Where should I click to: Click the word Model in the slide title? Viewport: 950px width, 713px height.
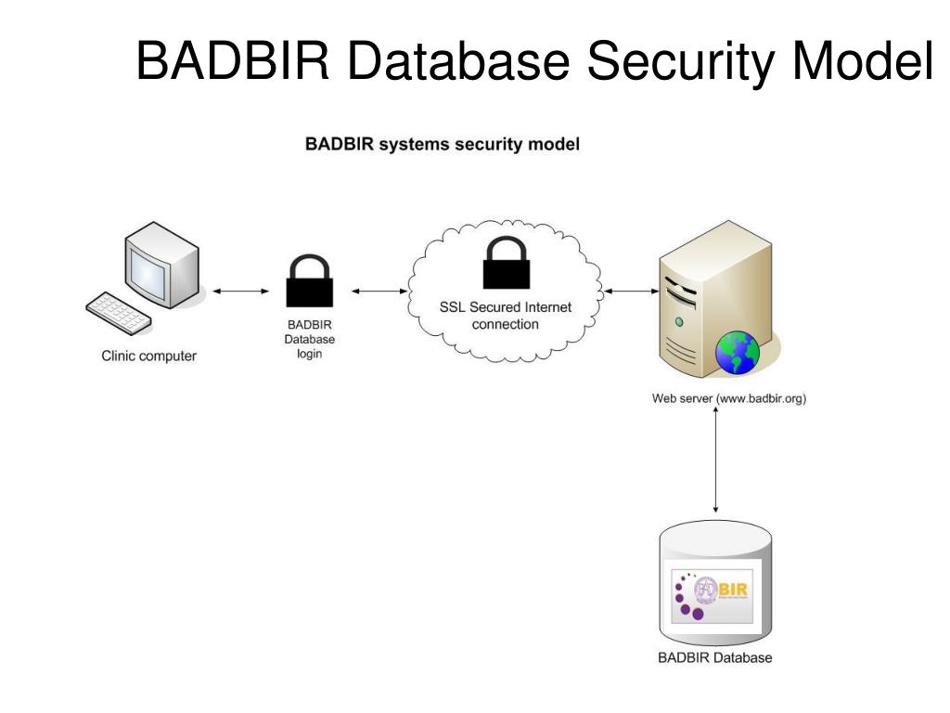(x=862, y=61)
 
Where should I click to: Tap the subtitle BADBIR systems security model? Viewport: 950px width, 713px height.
(x=443, y=145)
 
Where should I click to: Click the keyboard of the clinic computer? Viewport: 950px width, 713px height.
(x=119, y=313)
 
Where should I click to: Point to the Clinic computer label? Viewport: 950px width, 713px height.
(x=149, y=356)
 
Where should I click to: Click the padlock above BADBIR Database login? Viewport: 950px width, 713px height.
(x=309, y=282)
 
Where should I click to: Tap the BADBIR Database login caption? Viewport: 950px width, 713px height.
(x=309, y=339)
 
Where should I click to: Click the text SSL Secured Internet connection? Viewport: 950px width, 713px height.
(x=506, y=316)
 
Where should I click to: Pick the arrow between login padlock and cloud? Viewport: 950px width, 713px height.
(x=379, y=292)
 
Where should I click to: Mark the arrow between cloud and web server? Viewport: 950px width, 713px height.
(x=631, y=292)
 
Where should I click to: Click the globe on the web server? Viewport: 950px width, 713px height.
(x=738, y=352)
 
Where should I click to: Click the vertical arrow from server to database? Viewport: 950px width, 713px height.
(x=716, y=460)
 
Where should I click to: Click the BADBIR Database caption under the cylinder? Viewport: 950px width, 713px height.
(x=714, y=658)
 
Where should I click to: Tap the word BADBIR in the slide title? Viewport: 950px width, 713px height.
(x=237, y=61)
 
